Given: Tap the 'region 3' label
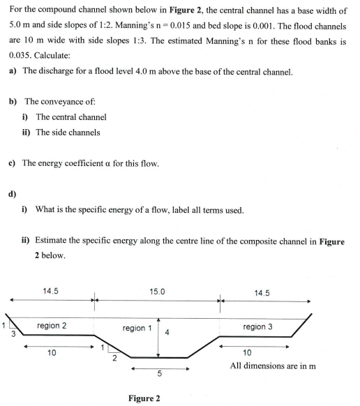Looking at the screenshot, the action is (257, 326).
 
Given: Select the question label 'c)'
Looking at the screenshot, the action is (13, 163).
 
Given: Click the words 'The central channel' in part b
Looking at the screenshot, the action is (71, 116).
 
